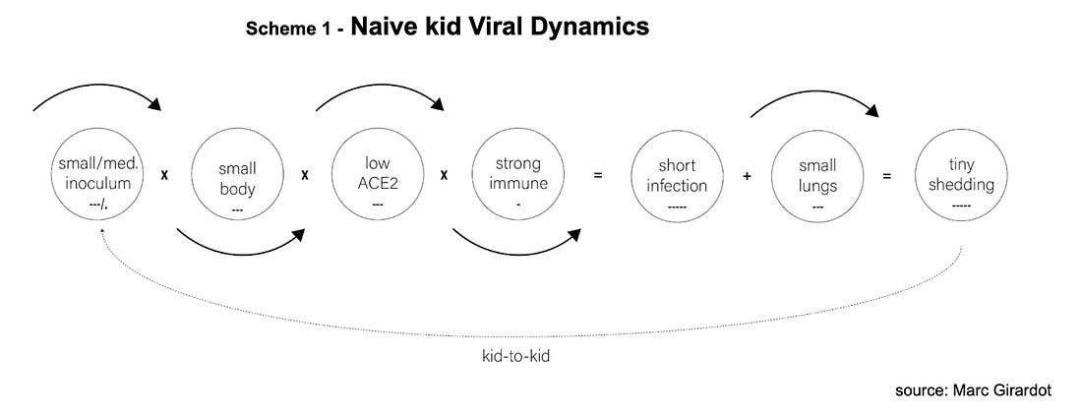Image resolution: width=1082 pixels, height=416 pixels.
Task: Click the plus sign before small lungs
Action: coord(747,176)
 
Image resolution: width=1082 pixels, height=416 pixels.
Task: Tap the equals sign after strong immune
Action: coord(598,175)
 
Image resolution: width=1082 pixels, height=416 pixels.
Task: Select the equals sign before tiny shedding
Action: coord(886,175)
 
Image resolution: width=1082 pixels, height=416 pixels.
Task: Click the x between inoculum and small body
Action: coord(164,175)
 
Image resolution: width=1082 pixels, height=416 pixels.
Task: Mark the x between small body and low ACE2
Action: coord(304,175)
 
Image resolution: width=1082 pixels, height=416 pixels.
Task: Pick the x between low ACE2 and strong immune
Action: coord(444,175)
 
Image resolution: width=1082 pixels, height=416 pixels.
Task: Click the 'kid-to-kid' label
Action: coord(515,357)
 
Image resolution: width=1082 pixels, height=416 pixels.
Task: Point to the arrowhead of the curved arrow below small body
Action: coord(297,236)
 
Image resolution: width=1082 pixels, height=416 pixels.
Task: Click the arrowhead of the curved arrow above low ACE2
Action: coord(437,103)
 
